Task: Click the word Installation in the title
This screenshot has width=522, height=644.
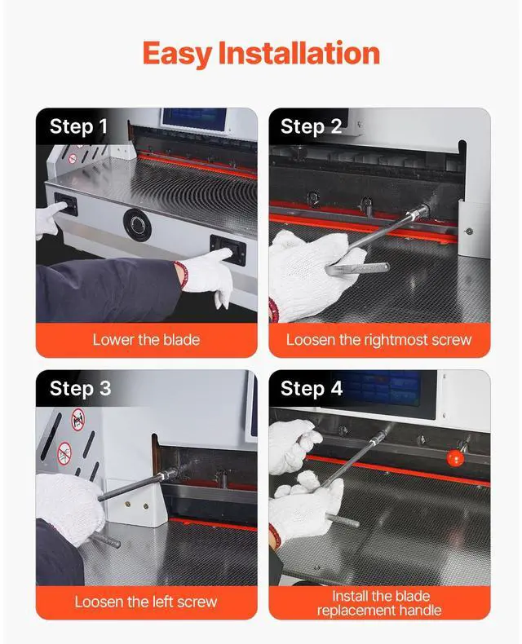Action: pyautogui.click(x=299, y=53)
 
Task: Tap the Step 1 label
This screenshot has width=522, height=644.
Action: pyautogui.click(x=78, y=126)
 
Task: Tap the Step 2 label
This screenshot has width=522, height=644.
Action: pyautogui.click(x=311, y=126)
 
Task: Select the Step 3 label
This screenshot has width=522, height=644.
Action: pyautogui.click(x=81, y=389)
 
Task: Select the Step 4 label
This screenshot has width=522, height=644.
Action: pyautogui.click(x=312, y=389)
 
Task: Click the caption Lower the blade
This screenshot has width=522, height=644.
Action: pyautogui.click(x=146, y=340)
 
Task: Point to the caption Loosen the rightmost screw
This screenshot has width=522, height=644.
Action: pyautogui.click(x=379, y=340)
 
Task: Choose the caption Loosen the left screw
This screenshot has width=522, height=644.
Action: pyautogui.click(x=146, y=602)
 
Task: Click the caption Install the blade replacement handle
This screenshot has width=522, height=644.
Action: pyautogui.click(x=379, y=603)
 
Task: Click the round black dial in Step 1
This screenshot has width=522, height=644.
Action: pyautogui.click(x=137, y=225)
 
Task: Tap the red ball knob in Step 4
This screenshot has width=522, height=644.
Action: pyautogui.click(x=455, y=458)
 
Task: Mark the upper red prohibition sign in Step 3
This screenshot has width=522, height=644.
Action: pyautogui.click(x=78, y=419)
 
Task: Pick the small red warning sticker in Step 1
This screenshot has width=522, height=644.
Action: pyautogui.click(x=73, y=158)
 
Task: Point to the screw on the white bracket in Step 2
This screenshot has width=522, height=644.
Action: pyautogui.click(x=468, y=232)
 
